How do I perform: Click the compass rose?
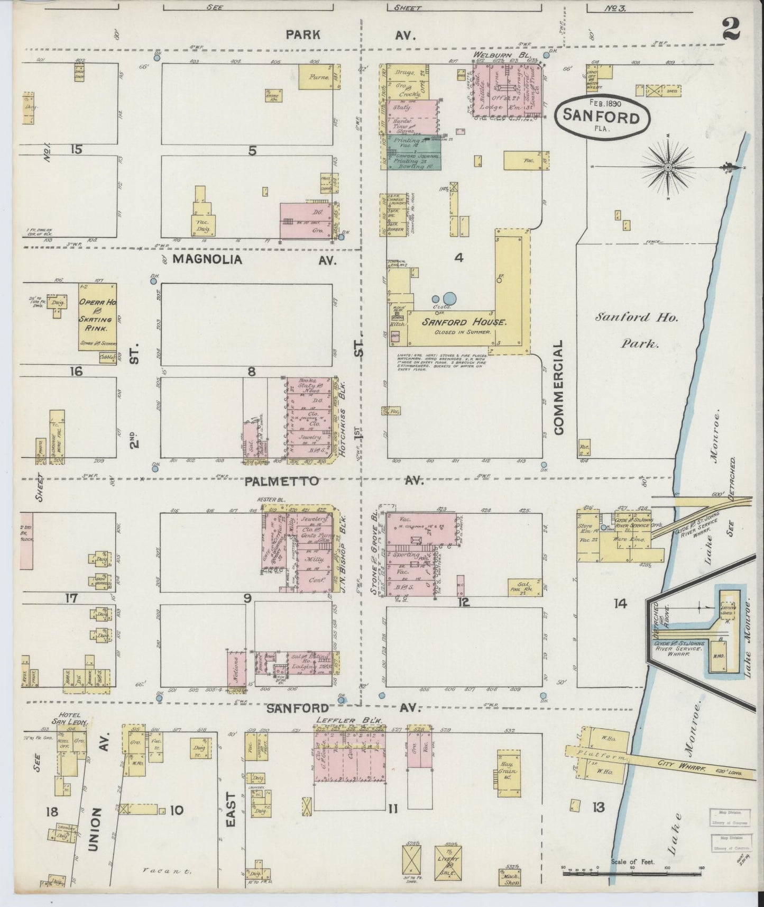pos(668,167)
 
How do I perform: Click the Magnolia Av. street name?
pos(207,259)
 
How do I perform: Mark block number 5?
pos(252,150)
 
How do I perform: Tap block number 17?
pos(71,598)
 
